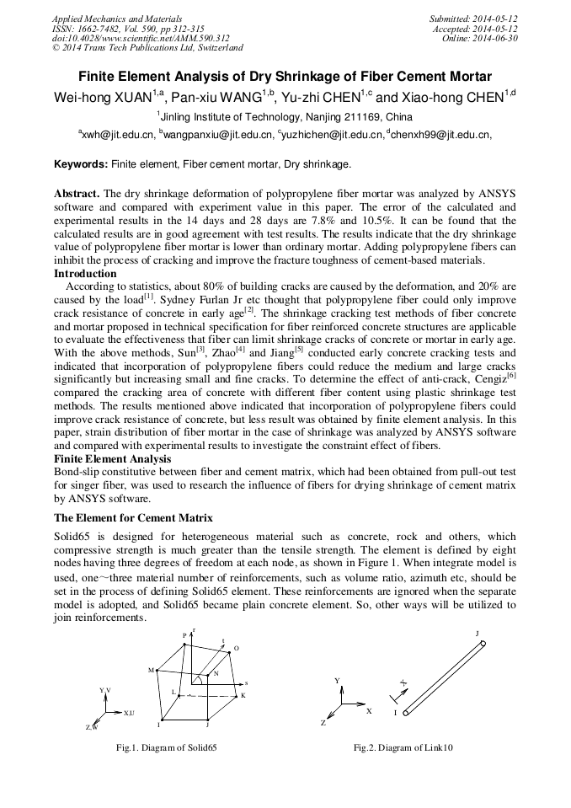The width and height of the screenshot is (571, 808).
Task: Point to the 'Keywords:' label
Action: click(81, 163)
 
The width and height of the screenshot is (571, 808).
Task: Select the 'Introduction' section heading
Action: click(85, 274)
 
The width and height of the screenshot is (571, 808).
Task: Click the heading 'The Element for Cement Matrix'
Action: click(133, 516)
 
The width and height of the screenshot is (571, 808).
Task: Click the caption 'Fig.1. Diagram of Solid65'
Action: click(166, 747)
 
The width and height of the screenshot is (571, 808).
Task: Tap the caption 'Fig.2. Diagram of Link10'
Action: click(403, 747)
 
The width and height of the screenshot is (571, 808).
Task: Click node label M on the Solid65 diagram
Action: click(152, 670)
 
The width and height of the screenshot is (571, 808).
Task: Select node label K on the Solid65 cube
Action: click(243, 695)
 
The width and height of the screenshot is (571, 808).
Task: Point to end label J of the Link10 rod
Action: click(477, 633)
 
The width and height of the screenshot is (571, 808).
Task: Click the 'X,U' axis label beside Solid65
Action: click(128, 713)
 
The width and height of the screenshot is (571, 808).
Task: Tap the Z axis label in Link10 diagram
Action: click(323, 723)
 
